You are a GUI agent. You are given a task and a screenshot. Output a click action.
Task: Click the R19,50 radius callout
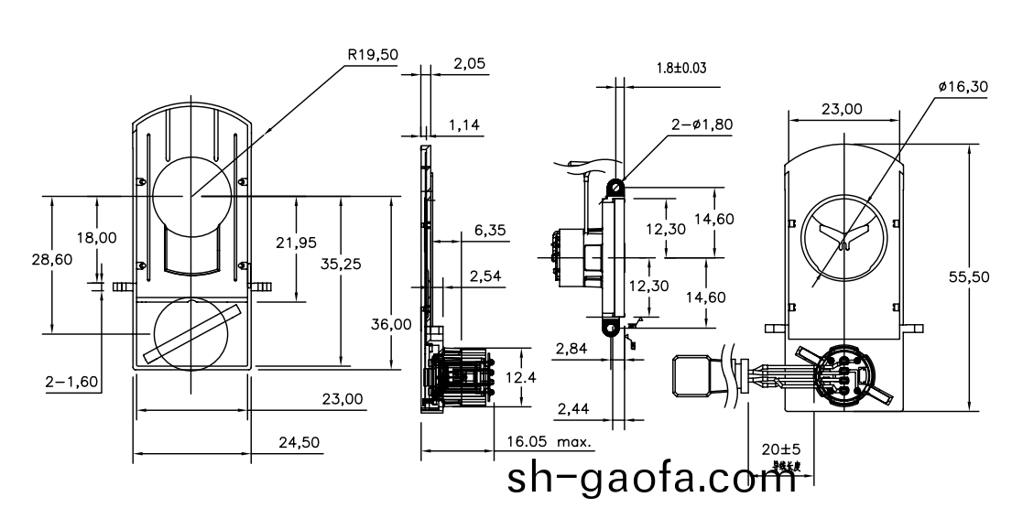(x=373, y=55)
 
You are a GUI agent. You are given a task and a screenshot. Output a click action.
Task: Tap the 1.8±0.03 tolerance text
(x=681, y=68)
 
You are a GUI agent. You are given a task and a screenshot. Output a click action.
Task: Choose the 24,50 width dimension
(x=299, y=442)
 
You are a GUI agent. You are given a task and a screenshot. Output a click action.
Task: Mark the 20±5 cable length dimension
(x=781, y=449)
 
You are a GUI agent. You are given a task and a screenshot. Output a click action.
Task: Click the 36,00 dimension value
(x=391, y=324)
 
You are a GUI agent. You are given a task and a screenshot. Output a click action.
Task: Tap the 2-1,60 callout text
(x=72, y=381)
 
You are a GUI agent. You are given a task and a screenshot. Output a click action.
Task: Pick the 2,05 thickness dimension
(x=470, y=64)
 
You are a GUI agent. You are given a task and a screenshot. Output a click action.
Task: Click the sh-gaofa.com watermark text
(x=652, y=479)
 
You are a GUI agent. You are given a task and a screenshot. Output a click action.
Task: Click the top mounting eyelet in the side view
(x=618, y=189)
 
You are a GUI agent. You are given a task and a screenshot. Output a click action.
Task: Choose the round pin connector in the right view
(x=842, y=374)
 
